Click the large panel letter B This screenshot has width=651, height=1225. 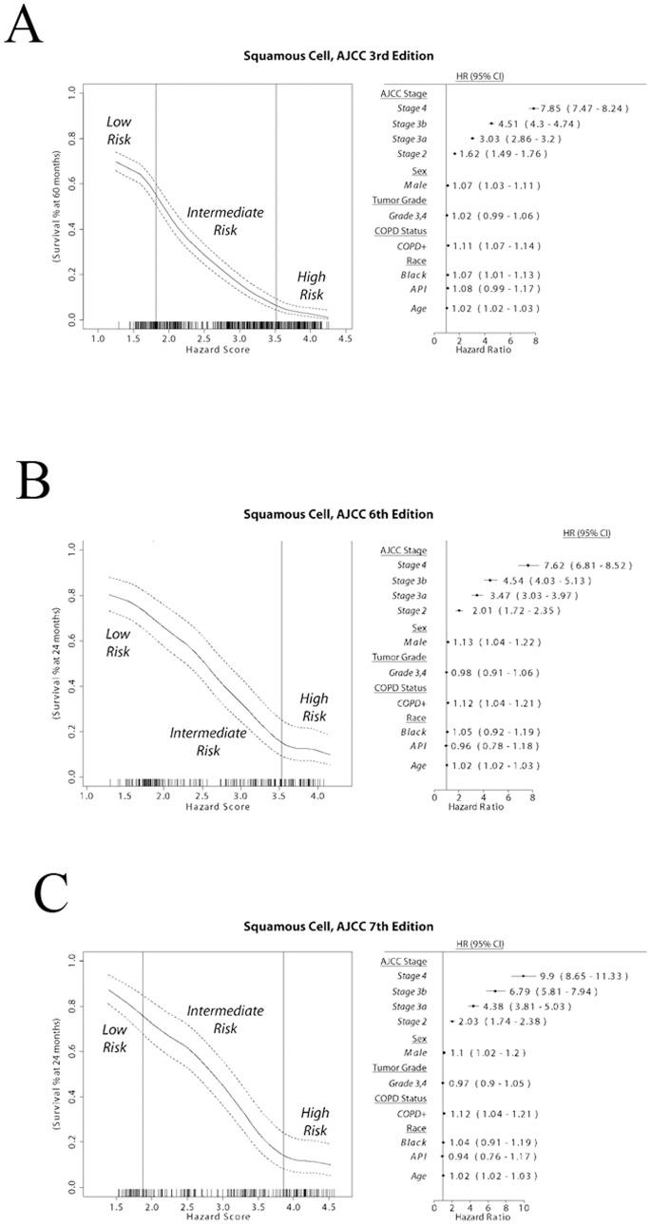[34, 484]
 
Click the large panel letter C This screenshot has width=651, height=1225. [51, 891]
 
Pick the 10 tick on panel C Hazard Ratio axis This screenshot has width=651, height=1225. [522, 1208]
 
